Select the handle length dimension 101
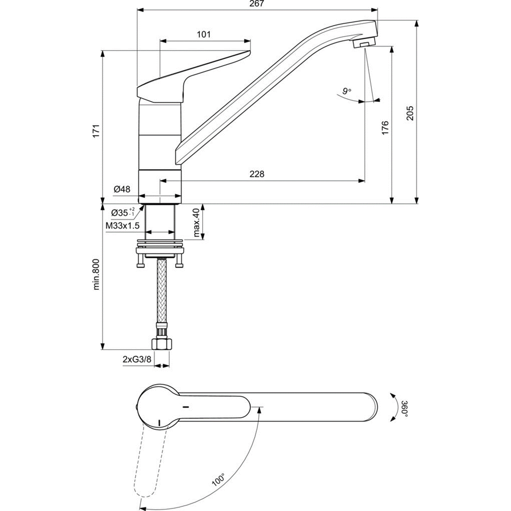click(204, 34)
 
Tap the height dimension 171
click(96, 131)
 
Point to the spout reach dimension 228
click(257, 174)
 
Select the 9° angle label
click(346, 91)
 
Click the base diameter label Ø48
click(122, 189)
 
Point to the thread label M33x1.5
click(122, 225)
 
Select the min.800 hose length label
click(96, 274)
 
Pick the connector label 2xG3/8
click(136, 359)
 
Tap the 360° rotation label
click(404, 408)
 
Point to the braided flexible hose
click(160, 292)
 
